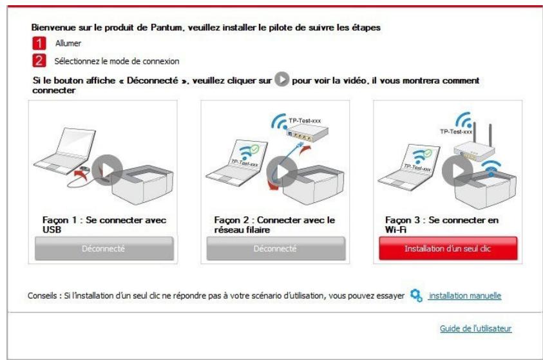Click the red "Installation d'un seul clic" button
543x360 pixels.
[447, 248]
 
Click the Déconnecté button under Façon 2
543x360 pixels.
[275, 248]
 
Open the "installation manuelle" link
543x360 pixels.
[464, 296]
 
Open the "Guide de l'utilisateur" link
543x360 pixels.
[475, 328]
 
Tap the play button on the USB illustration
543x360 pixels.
[106, 170]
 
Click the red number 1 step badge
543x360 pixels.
[37, 43]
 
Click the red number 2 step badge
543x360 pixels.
[37, 61]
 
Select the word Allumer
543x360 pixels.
[68, 43]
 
